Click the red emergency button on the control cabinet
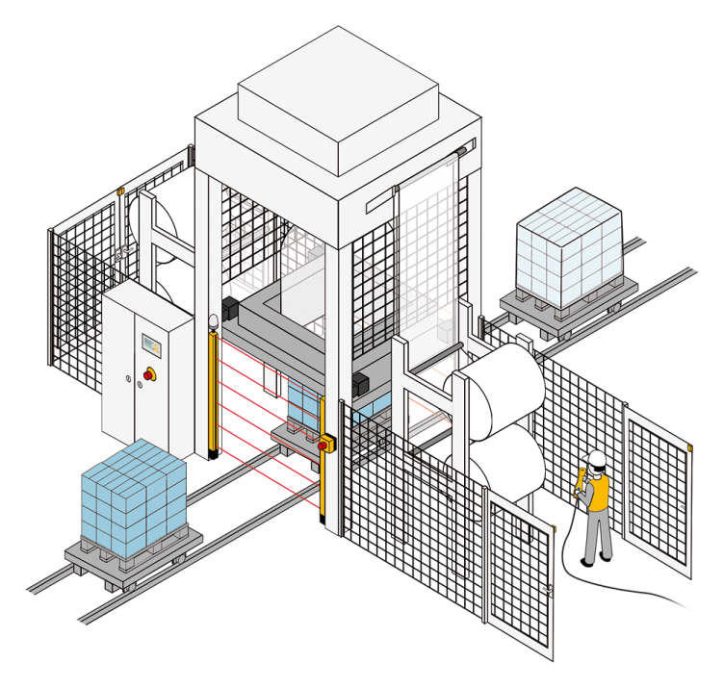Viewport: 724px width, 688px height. pyautogui.click(x=149, y=372)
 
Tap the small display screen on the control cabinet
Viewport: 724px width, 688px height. pyautogui.click(x=148, y=342)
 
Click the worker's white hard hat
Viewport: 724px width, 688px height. pyautogui.click(x=598, y=458)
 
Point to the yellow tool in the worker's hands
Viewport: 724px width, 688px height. pyautogui.click(x=582, y=480)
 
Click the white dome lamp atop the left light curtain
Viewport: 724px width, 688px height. pyautogui.click(x=213, y=319)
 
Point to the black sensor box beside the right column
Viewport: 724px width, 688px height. pyautogui.click(x=362, y=383)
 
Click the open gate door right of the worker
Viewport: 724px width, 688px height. pyautogui.click(x=659, y=491)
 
